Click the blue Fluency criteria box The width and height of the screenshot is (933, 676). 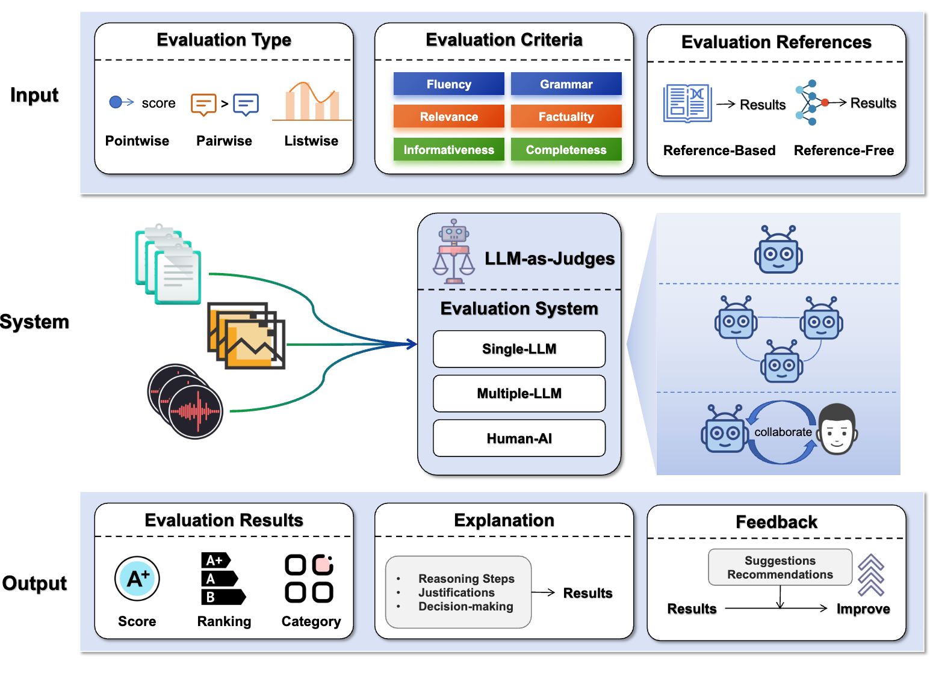point(448,84)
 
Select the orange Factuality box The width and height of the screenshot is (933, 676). point(566,117)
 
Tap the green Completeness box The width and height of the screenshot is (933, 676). point(566,150)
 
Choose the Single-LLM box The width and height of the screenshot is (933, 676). point(519,349)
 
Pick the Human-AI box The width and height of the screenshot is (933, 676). point(519,438)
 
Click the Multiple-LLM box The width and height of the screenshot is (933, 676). point(519,393)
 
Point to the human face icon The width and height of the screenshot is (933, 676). point(837,429)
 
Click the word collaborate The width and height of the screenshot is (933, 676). point(783,432)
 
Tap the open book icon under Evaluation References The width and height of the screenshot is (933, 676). point(687,103)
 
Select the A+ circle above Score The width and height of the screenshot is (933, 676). point(137,579)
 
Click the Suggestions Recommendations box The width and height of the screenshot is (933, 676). point(780,567)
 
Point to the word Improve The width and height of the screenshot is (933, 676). point(863,609)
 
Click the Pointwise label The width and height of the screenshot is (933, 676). point(137,141)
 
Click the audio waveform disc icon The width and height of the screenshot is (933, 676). point(185,401)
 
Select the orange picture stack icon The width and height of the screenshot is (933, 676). point(246,336)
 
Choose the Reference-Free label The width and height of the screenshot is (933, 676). point(844,150)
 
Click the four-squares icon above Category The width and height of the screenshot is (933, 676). point(309,579)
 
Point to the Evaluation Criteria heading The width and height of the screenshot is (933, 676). point(504,40)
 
